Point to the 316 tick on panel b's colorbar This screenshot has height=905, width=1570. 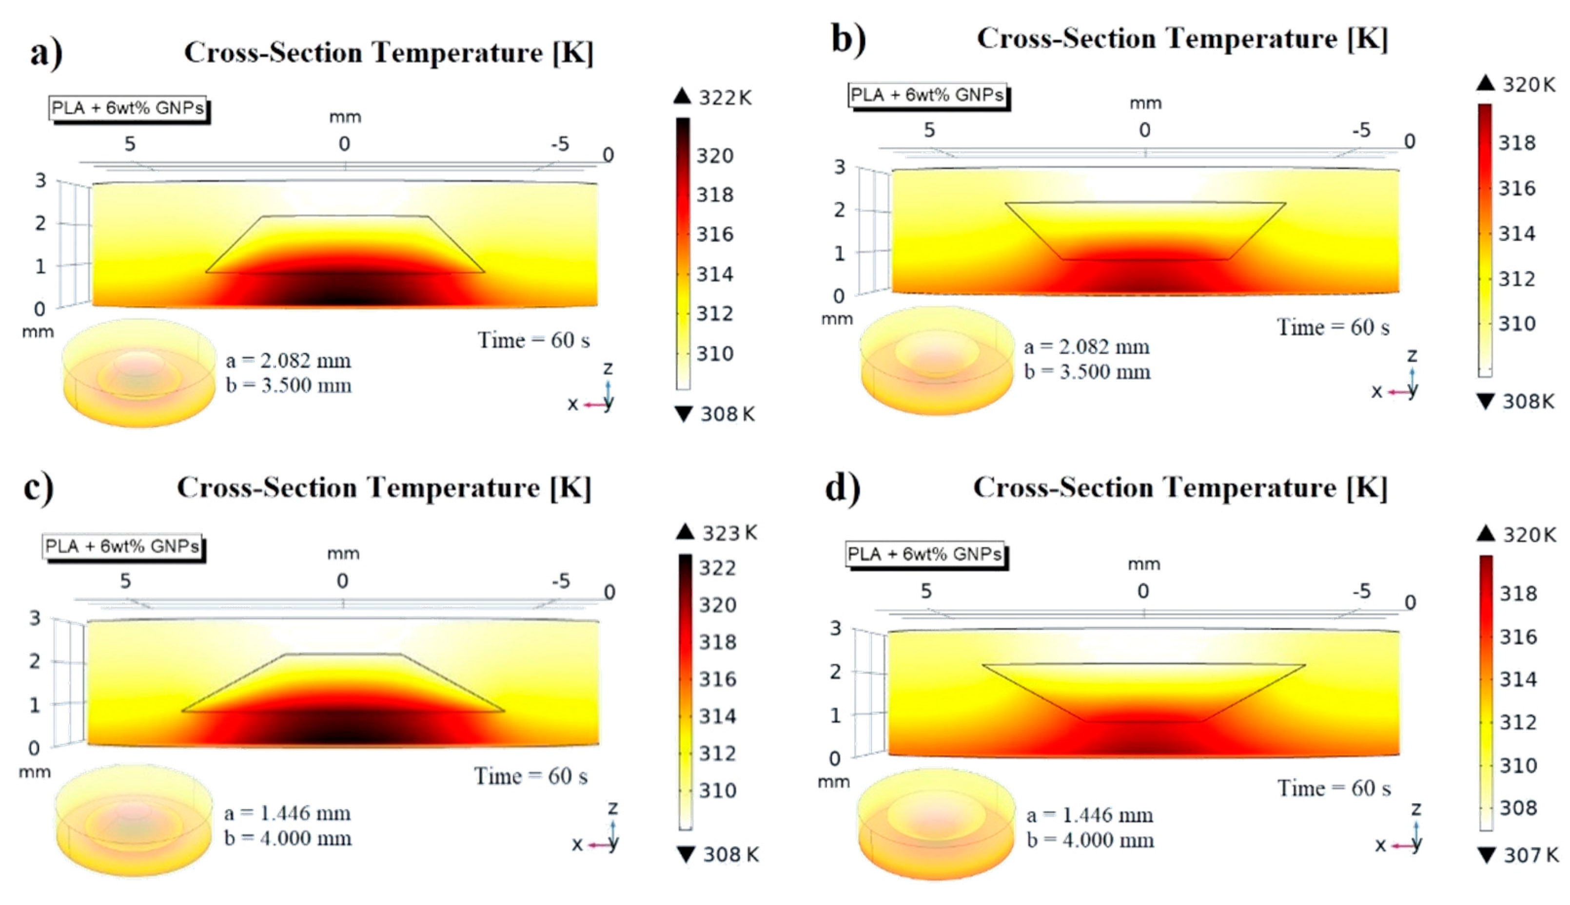click(1516, 188)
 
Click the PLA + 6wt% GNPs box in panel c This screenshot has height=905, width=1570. click(122, 546)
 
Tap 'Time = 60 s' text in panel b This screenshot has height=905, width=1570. click(1333, 327)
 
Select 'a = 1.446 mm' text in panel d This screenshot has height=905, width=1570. click(1089, 815)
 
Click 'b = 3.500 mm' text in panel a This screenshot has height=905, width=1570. click(289, 385)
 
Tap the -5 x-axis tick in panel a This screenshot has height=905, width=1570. click(560, 144)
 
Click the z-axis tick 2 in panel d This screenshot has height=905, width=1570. click(836, 671)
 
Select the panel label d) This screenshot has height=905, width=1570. click(843, 488)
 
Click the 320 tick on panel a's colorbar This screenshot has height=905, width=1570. click(714, 155)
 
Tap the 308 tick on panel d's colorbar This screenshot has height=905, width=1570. click(1518, 808)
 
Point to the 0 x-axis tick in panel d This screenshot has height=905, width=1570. click(1143, 591)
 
